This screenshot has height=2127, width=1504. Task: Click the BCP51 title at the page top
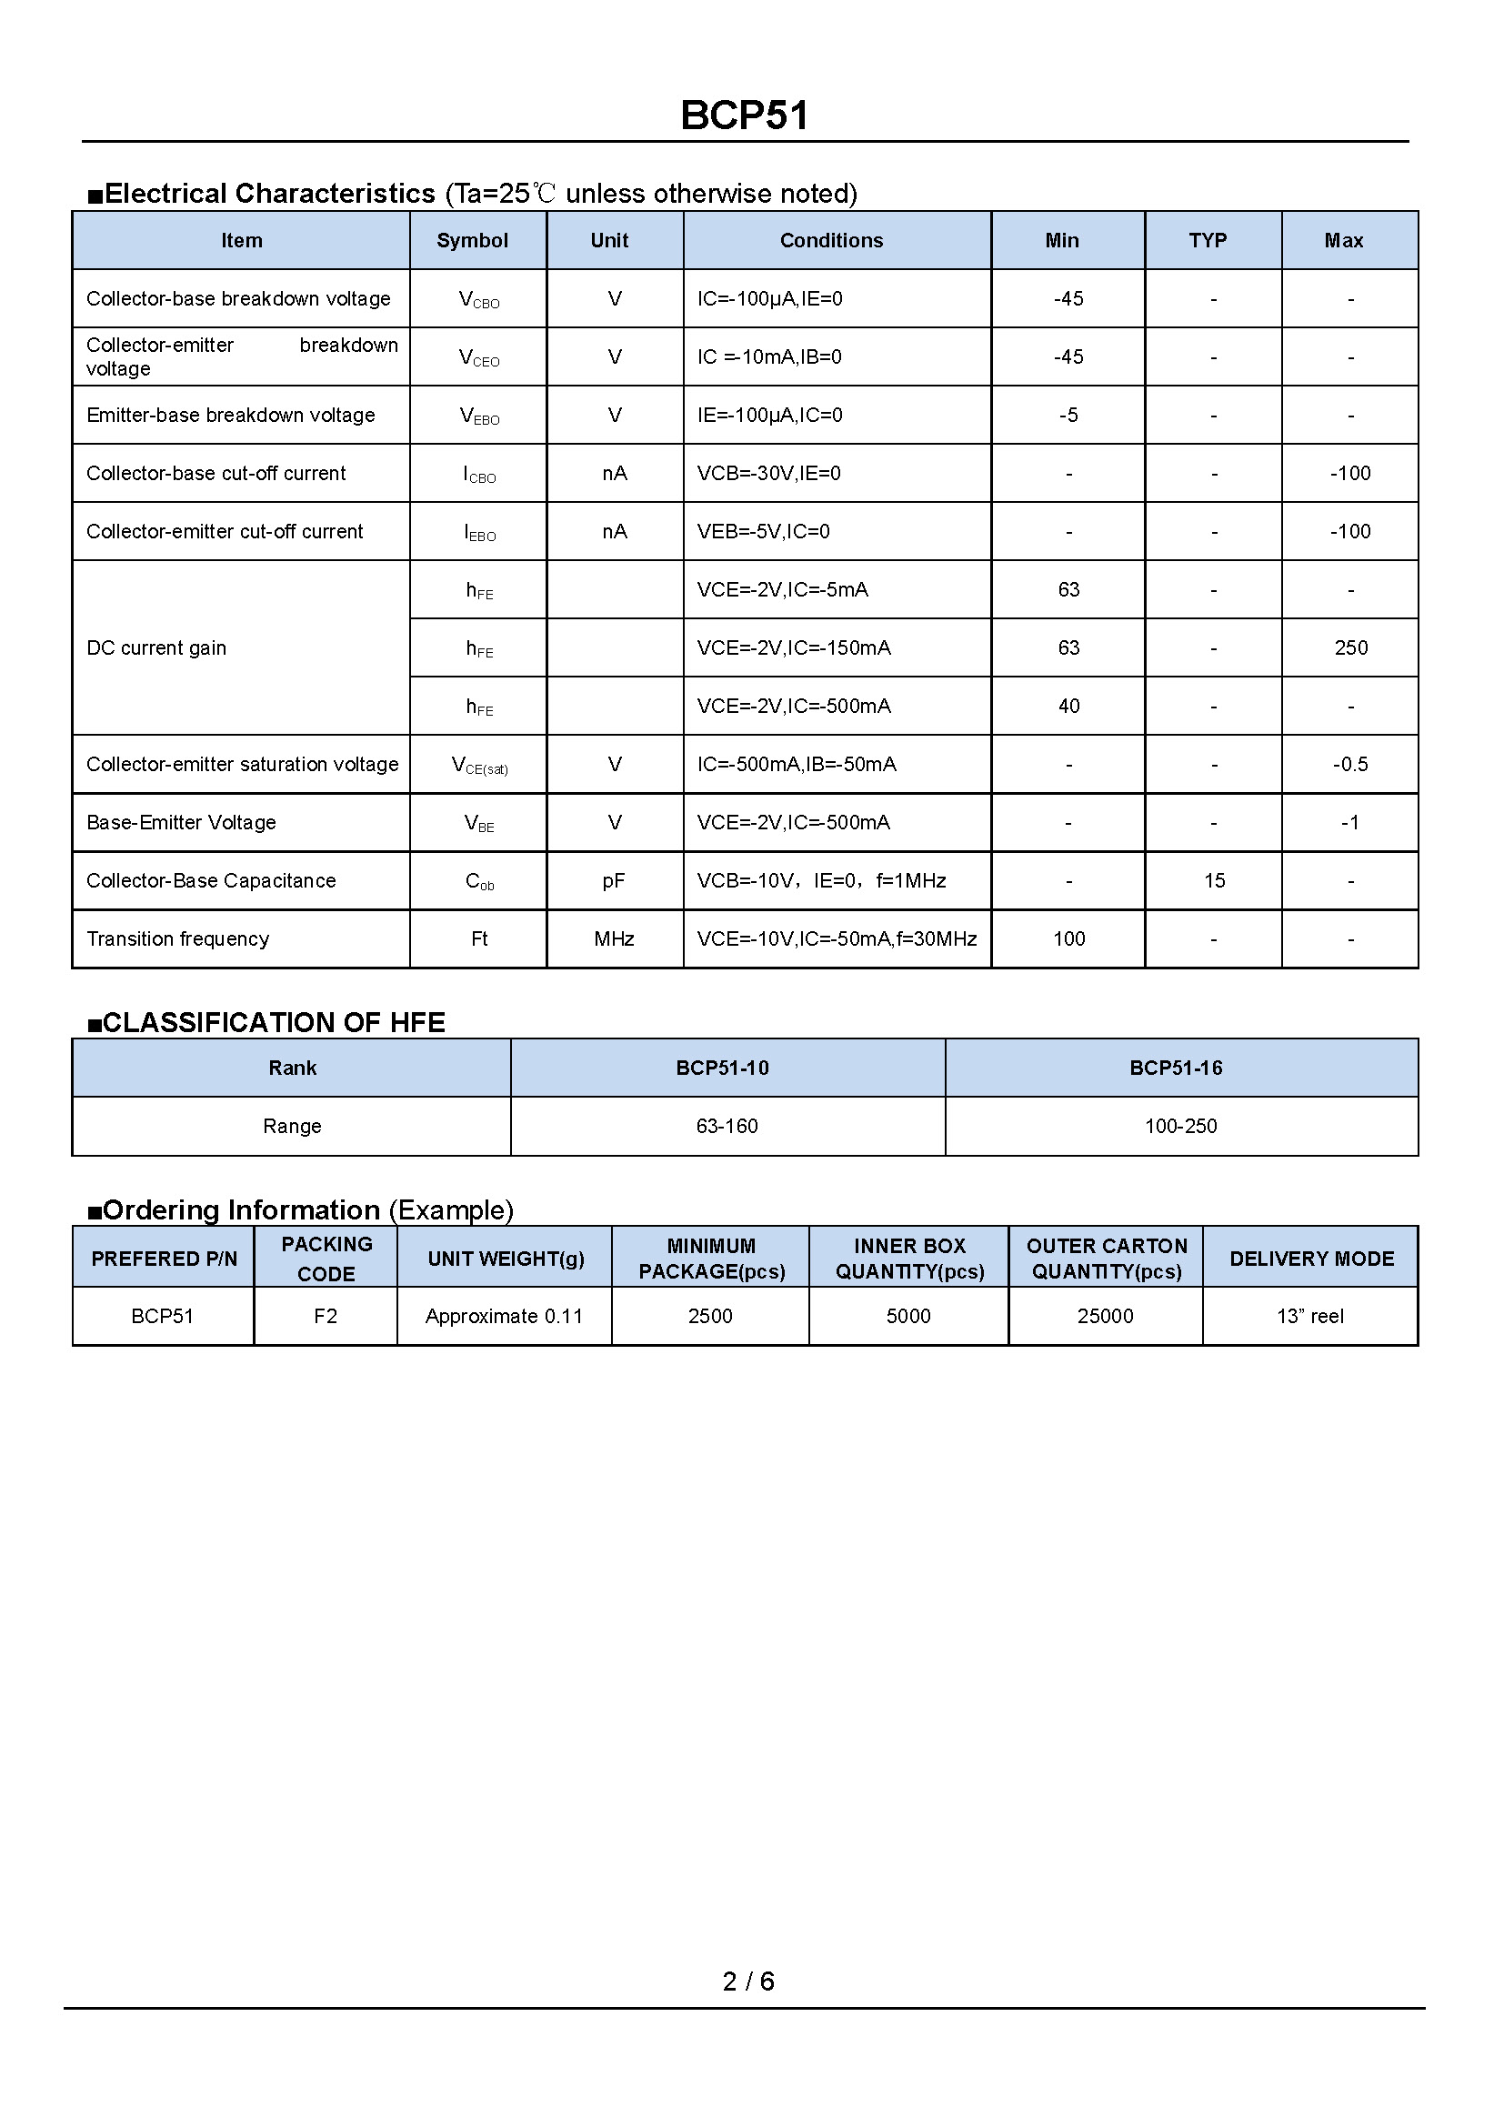click(x=745, y=115)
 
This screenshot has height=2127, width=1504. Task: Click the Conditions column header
click(x=831, y=241)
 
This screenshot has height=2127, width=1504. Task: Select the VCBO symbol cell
click(x=479, y=300)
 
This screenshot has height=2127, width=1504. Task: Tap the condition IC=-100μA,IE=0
click(x=769, y=299)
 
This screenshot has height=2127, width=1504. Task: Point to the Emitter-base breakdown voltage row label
click(x=231, y=415)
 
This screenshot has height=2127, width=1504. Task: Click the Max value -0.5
click(x=1349, y=764)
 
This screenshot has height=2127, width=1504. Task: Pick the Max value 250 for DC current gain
click(x=1350, y=647)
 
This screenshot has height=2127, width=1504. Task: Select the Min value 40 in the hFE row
click(x=1068, y=706)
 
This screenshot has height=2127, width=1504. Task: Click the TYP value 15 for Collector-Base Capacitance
click(x=1214, y=880)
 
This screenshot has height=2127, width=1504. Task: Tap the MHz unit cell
click(x=614, y=938)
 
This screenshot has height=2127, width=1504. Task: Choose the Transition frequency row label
click(x=178, y=938)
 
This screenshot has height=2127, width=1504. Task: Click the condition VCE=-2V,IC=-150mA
click(x=794, y=647)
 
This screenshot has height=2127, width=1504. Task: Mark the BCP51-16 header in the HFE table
click(x=1175, y=1069)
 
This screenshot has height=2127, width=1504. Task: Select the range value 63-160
click(x=727, y=1126)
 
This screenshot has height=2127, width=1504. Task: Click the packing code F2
click(x=325, y=1316)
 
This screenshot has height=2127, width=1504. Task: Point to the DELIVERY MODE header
click(x=1311, y=1258)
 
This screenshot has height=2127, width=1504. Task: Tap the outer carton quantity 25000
click(x=1105, y=1316)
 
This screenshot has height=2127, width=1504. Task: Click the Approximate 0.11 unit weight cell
click(x=504, y=1316)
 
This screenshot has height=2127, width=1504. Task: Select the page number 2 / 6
click(x=748, y=1981)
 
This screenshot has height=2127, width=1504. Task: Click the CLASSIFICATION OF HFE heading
click(x=273, y=1022)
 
